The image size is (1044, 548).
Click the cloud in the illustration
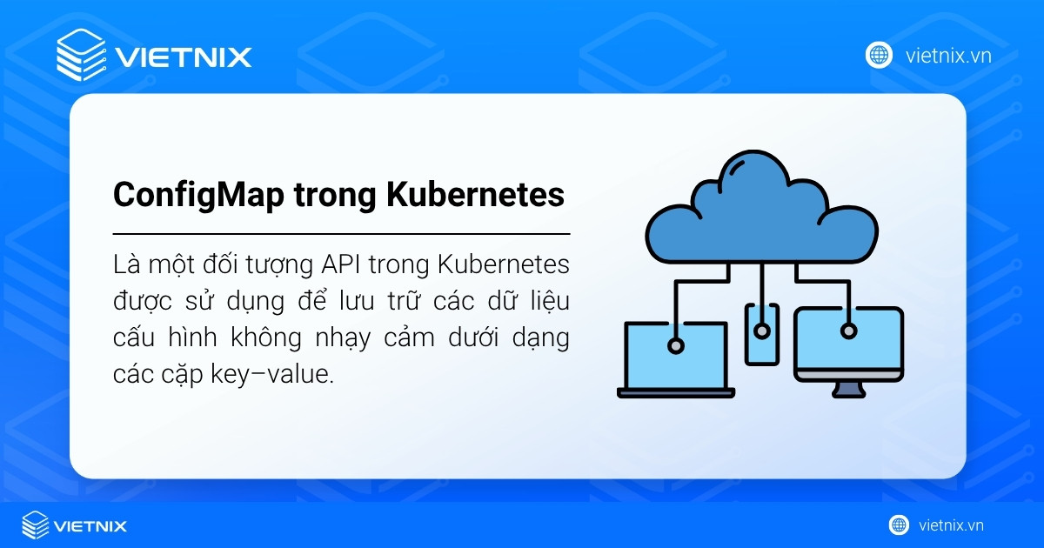pos(762,213)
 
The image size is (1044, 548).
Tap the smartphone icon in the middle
pos(762,332)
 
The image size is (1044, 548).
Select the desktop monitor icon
pos(848,344)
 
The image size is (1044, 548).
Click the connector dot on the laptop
pos(675,345)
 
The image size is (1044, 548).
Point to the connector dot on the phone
pos(762,331)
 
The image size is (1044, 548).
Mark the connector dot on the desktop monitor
pos(847,331)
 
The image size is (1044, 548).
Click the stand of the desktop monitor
pos(848,388)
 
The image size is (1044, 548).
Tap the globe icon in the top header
pos(879,56)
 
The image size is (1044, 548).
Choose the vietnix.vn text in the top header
pos(948,56)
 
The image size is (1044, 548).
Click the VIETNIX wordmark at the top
pos(183,57)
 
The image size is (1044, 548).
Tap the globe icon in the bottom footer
pos(899,525)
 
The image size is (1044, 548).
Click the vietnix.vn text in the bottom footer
pos(951,525)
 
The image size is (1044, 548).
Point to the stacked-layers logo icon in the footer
pos(35,525)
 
